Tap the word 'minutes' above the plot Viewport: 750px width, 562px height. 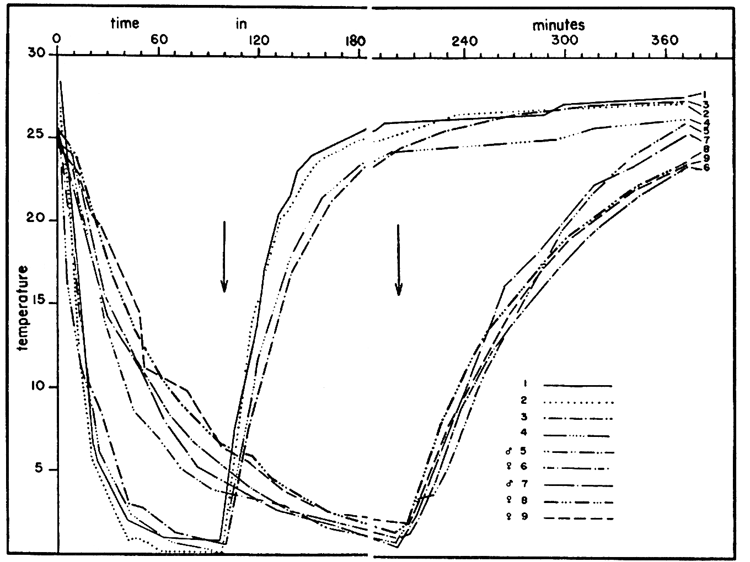point(558,25)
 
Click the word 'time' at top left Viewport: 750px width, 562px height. point(125,23)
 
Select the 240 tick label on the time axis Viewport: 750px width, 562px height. point(464,41)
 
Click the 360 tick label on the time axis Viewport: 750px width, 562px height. point(666,41)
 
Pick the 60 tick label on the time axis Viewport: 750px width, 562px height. point(159,41)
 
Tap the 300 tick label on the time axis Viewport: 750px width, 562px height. point(565,41)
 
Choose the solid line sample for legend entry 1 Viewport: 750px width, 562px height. point(577,386)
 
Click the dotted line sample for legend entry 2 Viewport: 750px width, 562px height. point(577,402)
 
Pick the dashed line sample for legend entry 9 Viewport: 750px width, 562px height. point(577,518)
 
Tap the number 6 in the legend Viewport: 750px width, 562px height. point(524,467)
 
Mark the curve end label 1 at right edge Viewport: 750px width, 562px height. point(705,94)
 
